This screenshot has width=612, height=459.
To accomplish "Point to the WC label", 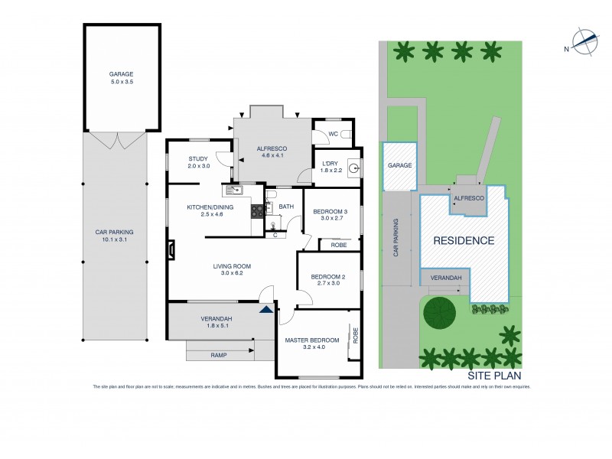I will (x=332, y=134).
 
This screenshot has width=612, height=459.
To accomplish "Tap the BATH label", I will (x=285, y=207).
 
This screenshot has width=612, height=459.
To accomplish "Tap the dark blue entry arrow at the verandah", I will (x=265, y=309).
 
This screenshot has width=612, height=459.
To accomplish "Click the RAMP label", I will (x=219, y=355).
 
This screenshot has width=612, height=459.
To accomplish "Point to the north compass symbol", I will (x=585, y=42).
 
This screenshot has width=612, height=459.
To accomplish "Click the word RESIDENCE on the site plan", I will (x=464, y=240).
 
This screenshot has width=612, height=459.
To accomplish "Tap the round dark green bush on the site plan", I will (x=439, y=312).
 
